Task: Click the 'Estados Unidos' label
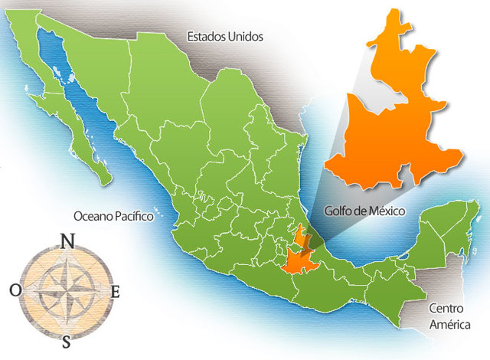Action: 224,36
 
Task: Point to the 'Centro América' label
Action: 448,316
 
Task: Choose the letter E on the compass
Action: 116,292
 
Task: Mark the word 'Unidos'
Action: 244,36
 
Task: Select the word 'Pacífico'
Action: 131,217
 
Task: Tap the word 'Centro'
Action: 448,309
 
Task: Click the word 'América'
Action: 448,324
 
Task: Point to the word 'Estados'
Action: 205,36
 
